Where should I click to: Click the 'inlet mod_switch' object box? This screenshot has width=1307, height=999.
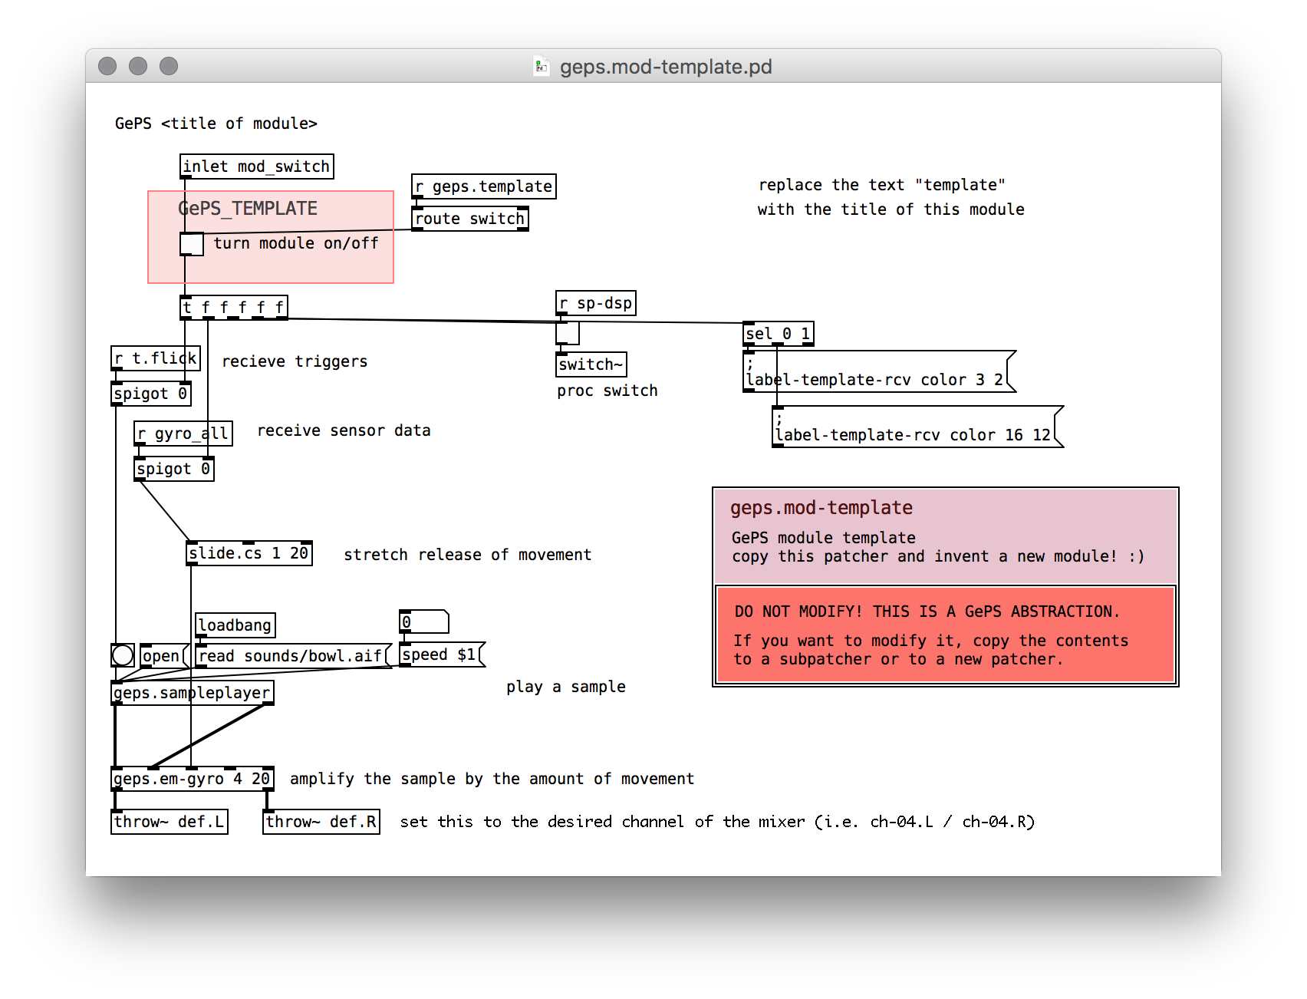pos(257,166)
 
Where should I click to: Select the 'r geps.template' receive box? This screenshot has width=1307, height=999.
pos(484,186)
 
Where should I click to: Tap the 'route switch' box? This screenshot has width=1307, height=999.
pos(470,219)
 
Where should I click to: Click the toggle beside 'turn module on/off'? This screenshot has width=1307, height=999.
pos(192,244)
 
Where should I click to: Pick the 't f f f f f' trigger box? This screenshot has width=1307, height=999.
pos(234,308)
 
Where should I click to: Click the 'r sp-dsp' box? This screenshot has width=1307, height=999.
pos(596,303)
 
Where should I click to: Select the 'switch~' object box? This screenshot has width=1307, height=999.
pos(591,364)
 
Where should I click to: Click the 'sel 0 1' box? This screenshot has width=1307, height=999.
pos(779,334)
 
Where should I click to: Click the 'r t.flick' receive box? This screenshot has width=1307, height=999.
pos(156,358)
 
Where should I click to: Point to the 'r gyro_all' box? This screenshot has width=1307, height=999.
pos(183,434)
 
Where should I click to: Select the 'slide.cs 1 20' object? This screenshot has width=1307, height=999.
pos(250,553)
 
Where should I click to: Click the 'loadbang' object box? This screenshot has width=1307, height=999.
pos(235,625)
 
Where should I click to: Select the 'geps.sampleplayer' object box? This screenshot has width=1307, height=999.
pos(193,693)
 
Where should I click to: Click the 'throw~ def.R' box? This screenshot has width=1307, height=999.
pos(321,822)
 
